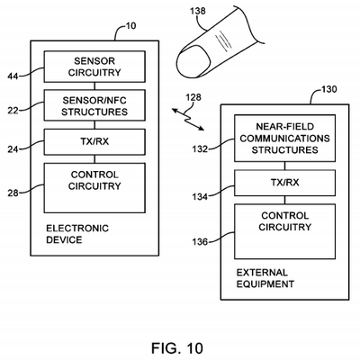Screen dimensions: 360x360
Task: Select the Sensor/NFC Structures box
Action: pos(88,105)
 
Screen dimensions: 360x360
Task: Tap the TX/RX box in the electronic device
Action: pos(88,141)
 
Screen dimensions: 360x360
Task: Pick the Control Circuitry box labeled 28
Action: pos(88,185)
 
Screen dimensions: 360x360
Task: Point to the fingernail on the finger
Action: pos(193,62)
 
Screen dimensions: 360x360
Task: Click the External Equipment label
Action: pos(263,277)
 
